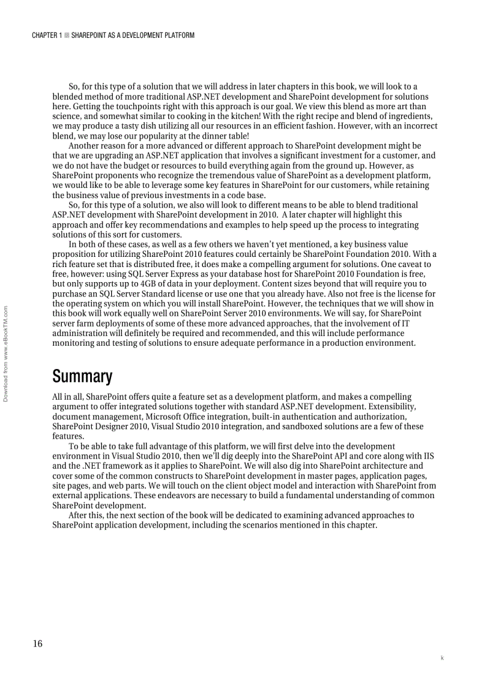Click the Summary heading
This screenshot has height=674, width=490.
pos(82,377)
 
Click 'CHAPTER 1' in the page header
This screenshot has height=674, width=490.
pos(47,35)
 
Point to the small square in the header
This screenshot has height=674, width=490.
pos(67,35)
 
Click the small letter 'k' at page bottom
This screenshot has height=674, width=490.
pos(442,658)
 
